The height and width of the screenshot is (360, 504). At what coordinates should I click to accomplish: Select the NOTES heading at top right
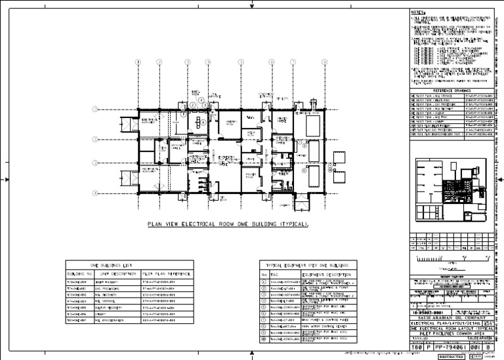(419, 11)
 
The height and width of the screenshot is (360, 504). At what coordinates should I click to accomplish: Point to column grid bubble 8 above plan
(324, 63)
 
